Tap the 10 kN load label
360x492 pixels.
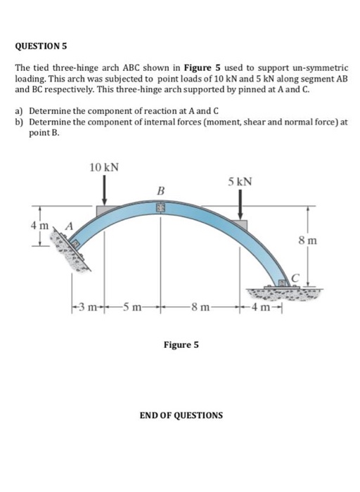click(104, 167)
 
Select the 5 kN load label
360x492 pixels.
click(240, 182)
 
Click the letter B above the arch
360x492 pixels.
click(160, 190)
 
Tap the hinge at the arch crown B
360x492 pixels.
click(161, 209)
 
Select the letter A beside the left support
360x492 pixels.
click(69, 226)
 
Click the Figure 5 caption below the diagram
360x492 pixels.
click(181, 345)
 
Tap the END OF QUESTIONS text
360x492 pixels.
click(181, 415)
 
